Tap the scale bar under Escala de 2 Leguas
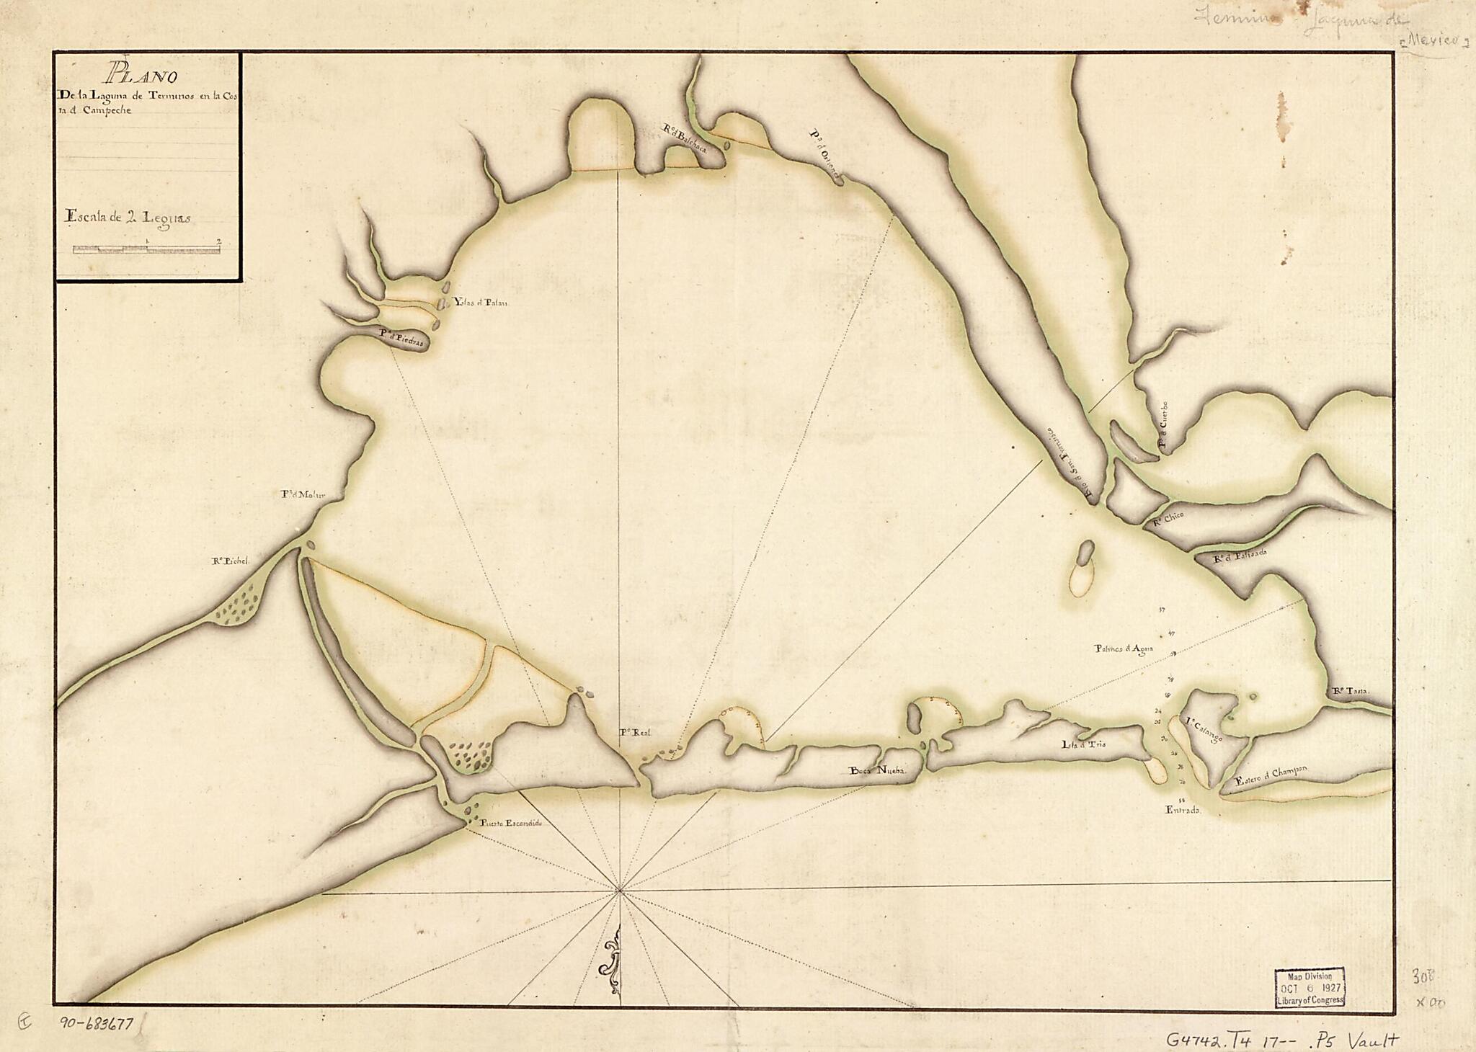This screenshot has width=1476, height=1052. [x=147, y=249]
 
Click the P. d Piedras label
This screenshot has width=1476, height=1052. [x=403, y=334]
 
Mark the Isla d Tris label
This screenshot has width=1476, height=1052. [x=1083, y=744]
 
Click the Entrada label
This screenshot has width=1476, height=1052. [x=1182, y=810]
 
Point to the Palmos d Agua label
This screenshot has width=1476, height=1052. [x=1124, y=648]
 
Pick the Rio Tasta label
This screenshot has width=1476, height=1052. [x=1350, y=691]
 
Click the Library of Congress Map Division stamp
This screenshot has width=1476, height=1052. [x=1309, y=987]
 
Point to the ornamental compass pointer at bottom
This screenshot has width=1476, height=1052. [x=613, y=958]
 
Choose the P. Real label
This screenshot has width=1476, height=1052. [x=635, y=732]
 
